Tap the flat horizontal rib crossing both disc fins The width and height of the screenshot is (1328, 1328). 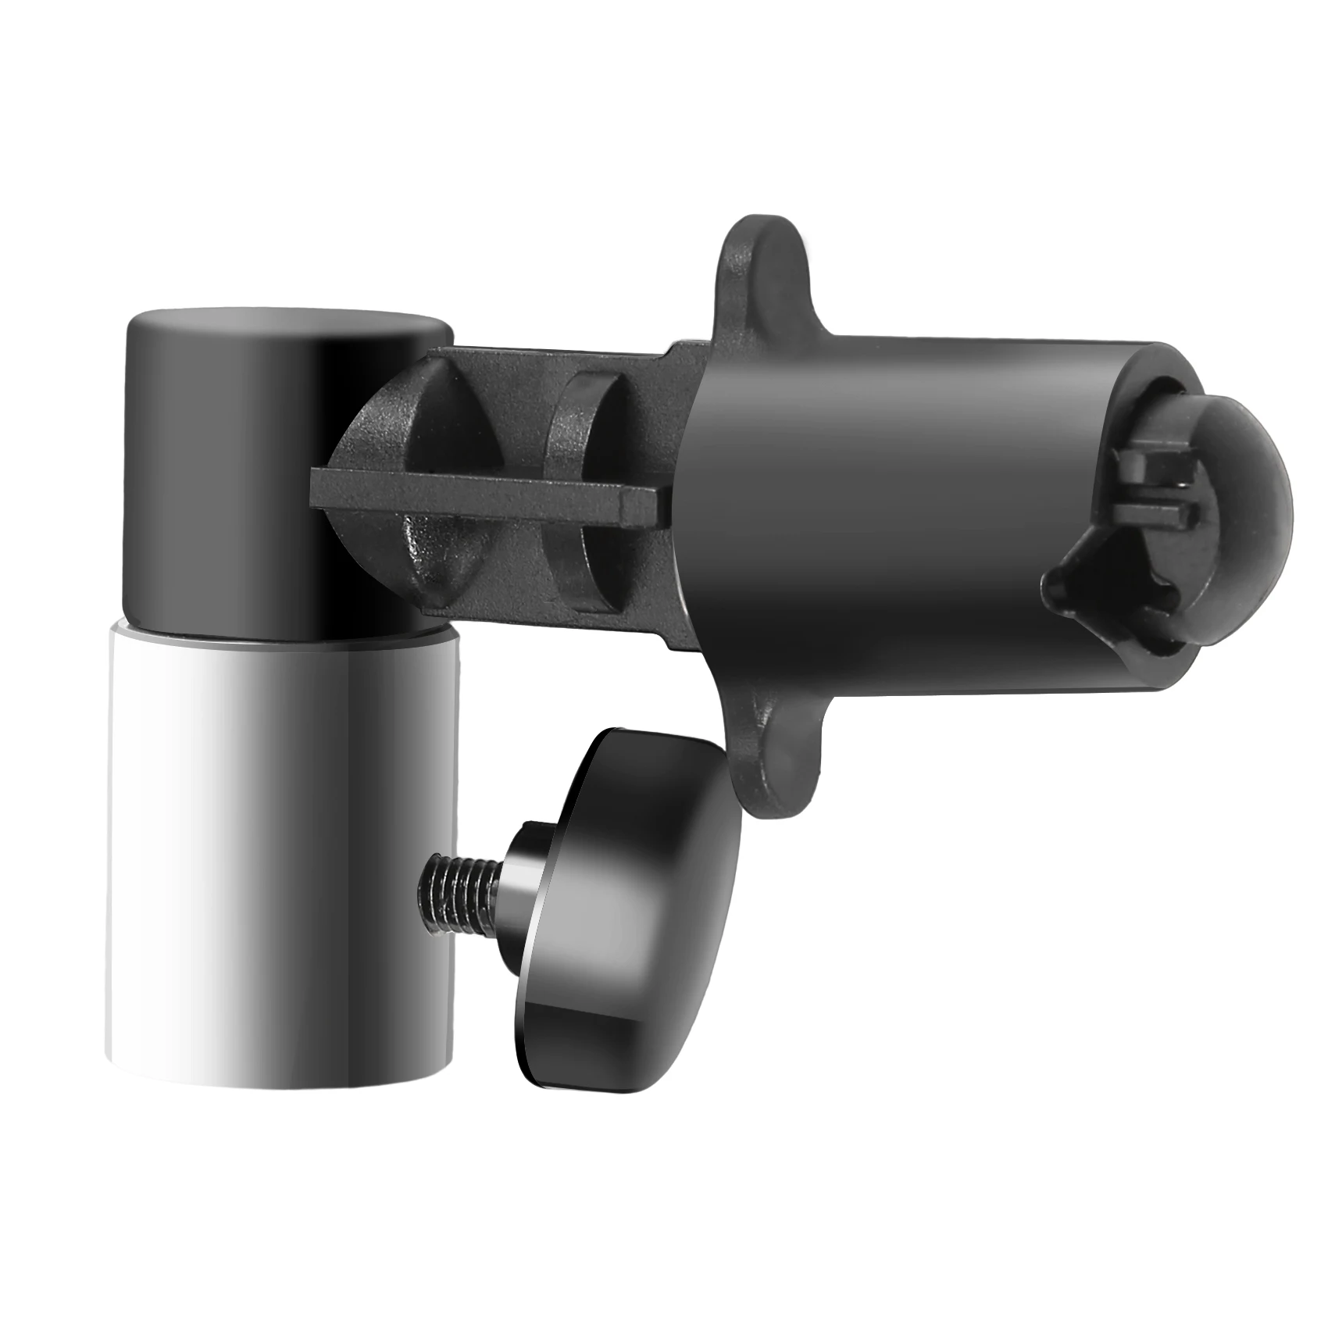[484, 492]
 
